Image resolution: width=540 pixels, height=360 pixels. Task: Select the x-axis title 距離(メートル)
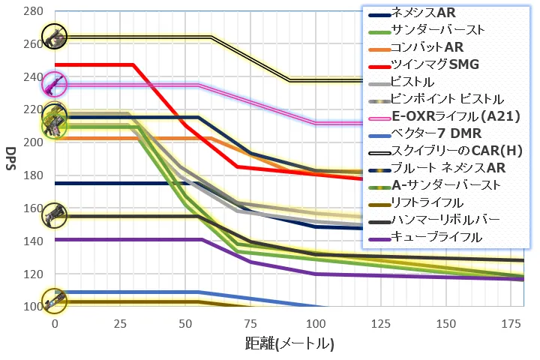289,344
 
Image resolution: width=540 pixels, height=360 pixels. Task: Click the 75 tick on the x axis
250,322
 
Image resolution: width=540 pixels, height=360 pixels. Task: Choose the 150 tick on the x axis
446,322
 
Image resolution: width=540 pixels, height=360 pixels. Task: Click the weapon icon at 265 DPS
54,35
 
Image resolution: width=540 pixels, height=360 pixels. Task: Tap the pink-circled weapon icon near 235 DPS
54,85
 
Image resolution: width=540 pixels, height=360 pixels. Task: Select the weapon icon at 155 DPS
54,216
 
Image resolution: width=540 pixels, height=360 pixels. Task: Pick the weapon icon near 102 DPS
54,302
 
